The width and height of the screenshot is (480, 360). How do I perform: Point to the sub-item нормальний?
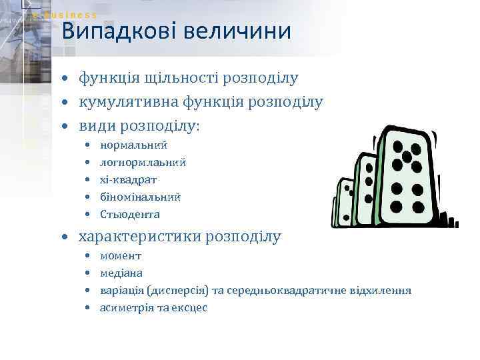[133, 145]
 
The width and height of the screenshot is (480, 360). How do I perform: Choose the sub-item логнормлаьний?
[143, 162]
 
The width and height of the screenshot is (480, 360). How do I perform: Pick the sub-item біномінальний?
[140, 197]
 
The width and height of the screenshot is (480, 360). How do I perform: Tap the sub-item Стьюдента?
[130, 215]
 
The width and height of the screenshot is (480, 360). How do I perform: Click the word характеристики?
[141, 237]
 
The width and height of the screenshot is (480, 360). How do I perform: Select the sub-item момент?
[121, 256]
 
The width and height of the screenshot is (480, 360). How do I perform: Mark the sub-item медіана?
[121, 273]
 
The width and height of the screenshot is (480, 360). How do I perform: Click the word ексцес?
[191, 308]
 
